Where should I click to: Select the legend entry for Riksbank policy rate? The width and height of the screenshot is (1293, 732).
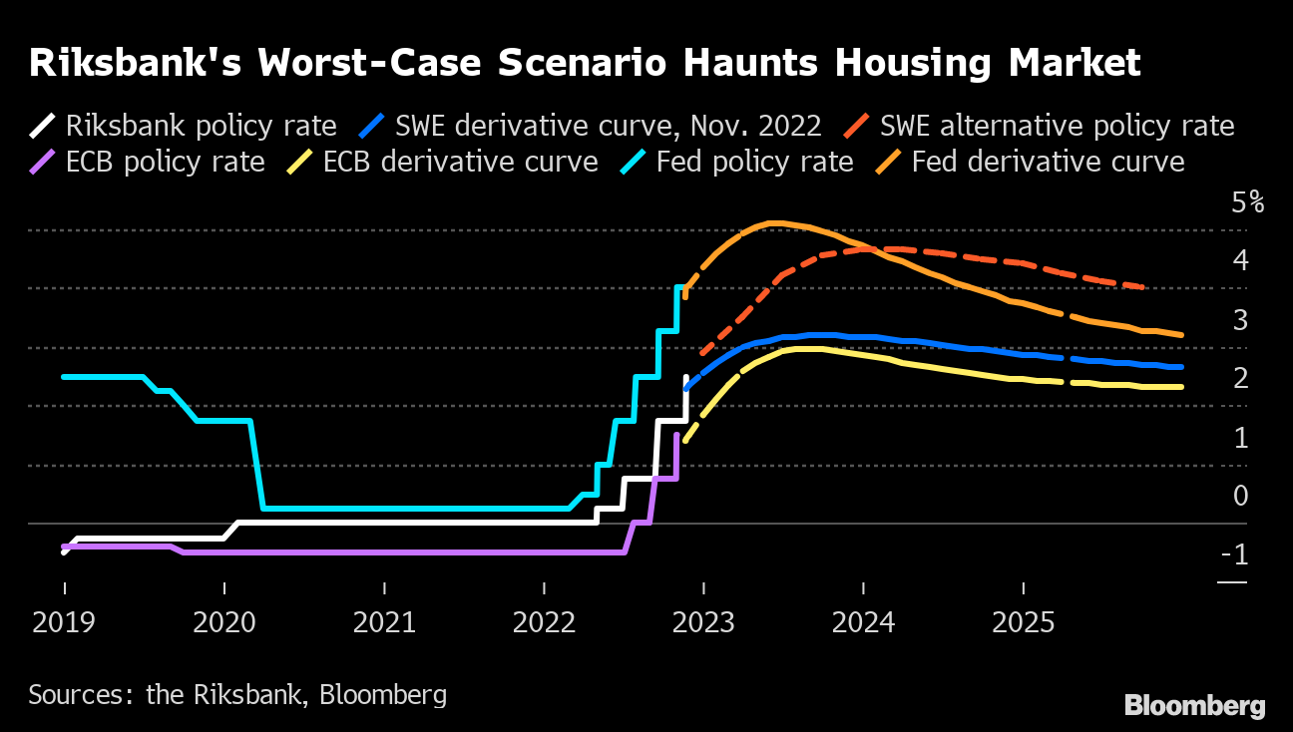coord(200,127)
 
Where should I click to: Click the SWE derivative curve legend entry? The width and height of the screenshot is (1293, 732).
coord(608,127)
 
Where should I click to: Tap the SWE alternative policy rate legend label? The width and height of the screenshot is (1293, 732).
coord(1057,127)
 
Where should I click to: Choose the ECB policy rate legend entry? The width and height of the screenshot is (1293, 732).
coord(165,162)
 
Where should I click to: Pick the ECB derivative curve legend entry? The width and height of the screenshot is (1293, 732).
coord(460,162)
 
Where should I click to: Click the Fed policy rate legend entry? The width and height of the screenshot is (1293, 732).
coord(754,162)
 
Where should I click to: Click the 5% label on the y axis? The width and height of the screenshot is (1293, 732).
coord(1247,203)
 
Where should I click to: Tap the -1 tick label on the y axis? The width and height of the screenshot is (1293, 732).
coord(1234,554)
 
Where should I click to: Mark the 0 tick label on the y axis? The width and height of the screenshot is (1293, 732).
coord(1240,496)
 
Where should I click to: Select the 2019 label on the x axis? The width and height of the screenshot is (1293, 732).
coord(63,622)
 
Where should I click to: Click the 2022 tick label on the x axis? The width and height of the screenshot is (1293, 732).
coord(544,622)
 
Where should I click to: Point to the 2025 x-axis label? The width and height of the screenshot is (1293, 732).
coord(1024,622)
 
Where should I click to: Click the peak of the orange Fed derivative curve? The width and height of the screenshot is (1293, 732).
coord(773,222)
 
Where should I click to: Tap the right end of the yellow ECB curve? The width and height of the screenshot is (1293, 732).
coord(1182,387)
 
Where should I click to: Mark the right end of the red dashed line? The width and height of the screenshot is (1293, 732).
coord(1143,287)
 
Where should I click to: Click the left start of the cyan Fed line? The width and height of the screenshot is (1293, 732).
coord(64,377)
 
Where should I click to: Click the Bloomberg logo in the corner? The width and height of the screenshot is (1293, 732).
coord(1194,706)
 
